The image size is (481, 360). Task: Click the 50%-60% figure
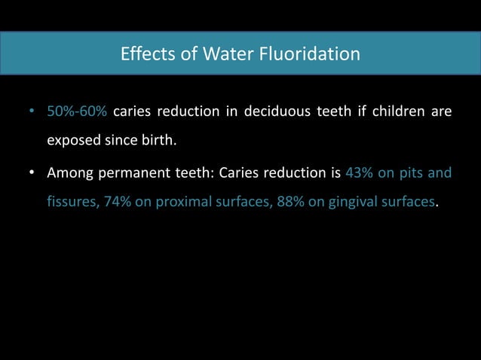click(x=76, y=113)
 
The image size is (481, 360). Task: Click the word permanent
click(x=136, y=174)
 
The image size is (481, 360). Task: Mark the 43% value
click(x=359, y=174)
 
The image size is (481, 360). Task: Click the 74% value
click(x=119, y=202)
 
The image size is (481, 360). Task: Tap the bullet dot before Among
click(x=32, y=175)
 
